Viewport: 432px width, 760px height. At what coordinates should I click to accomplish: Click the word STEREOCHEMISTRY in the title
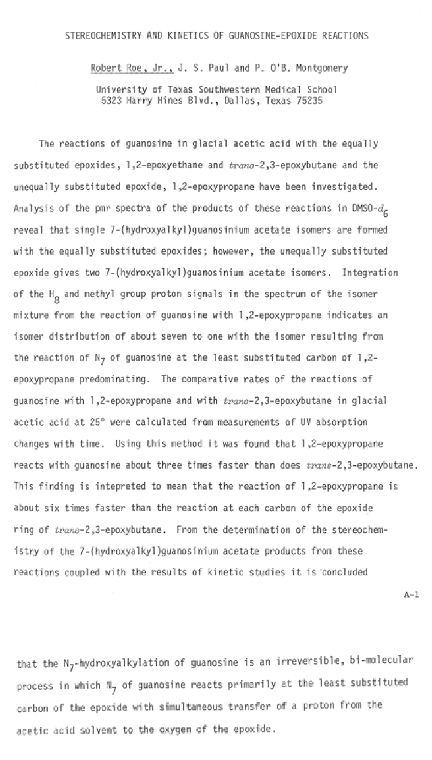pos(101,36)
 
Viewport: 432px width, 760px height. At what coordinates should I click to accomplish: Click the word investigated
pos(344,186)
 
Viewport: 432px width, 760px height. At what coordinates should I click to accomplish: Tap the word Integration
pos(370,272)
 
